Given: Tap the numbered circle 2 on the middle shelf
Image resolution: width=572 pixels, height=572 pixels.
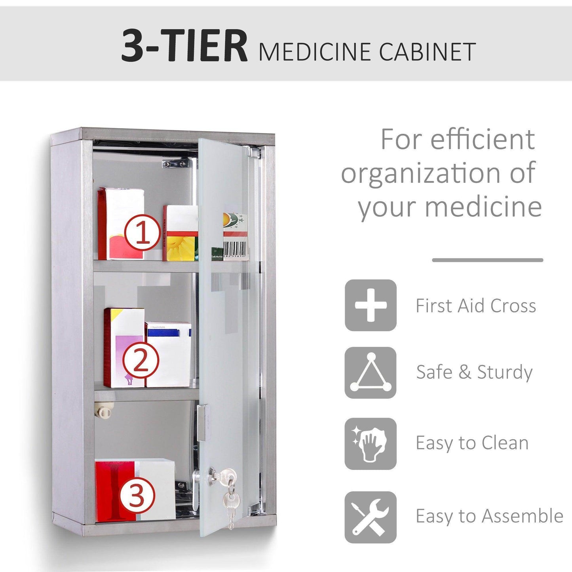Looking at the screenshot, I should [x=141, y=360].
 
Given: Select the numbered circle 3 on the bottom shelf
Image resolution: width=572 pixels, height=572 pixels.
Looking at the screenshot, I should [x=137, y=495].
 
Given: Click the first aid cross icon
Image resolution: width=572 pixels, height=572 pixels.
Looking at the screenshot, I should [x=371, y=305].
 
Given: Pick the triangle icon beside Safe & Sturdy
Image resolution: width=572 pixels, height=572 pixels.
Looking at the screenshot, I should [x=371, y=372].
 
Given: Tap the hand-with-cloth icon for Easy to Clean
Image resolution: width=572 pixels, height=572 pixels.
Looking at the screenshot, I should [x=371, y=444].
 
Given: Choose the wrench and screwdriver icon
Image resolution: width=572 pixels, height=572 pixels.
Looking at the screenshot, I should [x=371, y=517].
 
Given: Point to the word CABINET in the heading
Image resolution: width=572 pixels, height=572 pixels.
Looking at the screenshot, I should [x=427, y=52].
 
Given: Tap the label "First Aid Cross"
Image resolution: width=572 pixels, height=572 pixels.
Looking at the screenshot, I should [x=475, y=306].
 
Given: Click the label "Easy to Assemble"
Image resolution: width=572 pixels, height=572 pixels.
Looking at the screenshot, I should [x=489, y=516].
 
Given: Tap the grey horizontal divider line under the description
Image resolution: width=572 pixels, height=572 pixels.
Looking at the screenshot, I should [x=487, y=260].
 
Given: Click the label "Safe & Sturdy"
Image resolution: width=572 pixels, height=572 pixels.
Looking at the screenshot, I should [x=474, y=372].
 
